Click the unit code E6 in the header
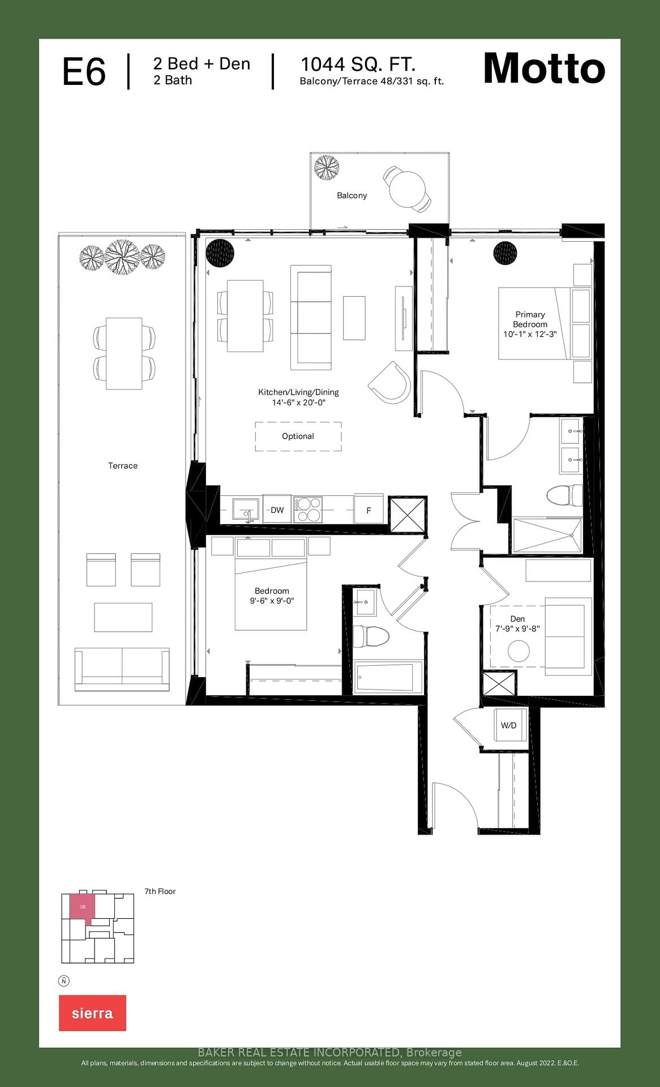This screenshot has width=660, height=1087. pyautogui.click(x=84, y=72)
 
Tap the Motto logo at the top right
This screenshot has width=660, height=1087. pyautogui.click(x=544, y=69)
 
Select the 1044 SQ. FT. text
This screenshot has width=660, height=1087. pyautogui.click(x=358, y=64)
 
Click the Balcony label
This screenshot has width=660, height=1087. pyautogui.click(x=352, y=195)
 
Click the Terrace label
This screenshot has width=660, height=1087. pyautogui.click(x=123, y=465)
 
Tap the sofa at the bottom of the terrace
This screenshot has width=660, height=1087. pyautogui.click(x=122, y=669)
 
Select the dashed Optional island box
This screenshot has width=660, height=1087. pyautogui.click(x=298, y=436)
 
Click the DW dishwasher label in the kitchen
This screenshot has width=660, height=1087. pyautogui.click(x=277, y=510)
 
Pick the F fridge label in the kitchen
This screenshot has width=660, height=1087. pyautogui.click(x=368, y=510)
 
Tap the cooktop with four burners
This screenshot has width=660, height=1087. pyautogui.click(x=307, y=509)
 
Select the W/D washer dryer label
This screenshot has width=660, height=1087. pyautogui.click(x=508, y=725)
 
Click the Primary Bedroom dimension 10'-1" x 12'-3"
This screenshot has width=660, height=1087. pyautogui.click(x=530, y=334)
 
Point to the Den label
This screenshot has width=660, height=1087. pyautogui.click(x=517, y=619)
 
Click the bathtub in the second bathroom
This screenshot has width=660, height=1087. pyautogui.click(x=388, y=677)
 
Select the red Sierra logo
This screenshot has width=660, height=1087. pyautogui.click(x=92, y=1013)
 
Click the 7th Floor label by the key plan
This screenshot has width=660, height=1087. pyautogui.click(x=160, y=891)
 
